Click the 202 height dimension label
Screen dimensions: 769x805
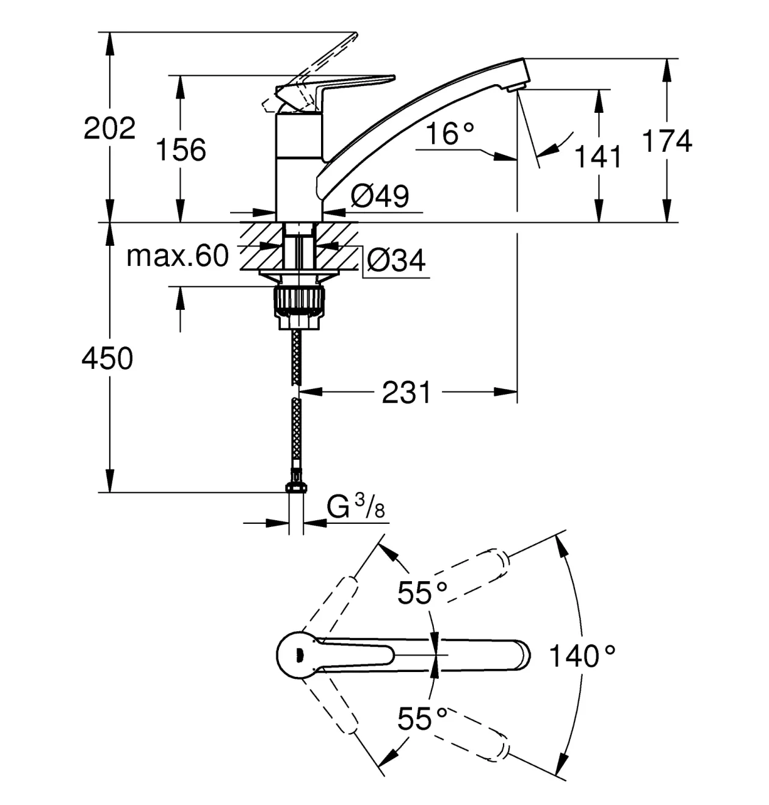point(109,128)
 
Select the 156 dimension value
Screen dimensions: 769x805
point(181,149)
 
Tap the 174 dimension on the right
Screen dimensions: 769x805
point(667,141)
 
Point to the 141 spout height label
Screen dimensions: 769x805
point(598,156)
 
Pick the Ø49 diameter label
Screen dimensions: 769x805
point(380,196)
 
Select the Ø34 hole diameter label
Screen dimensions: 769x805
point(396,260)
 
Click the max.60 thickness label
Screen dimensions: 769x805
point(178,256)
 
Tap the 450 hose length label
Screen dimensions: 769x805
point(107,358)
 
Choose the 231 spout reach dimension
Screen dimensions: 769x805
point(406,392)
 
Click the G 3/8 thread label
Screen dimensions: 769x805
point(356,507)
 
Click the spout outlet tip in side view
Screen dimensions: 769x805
point(516,87)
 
